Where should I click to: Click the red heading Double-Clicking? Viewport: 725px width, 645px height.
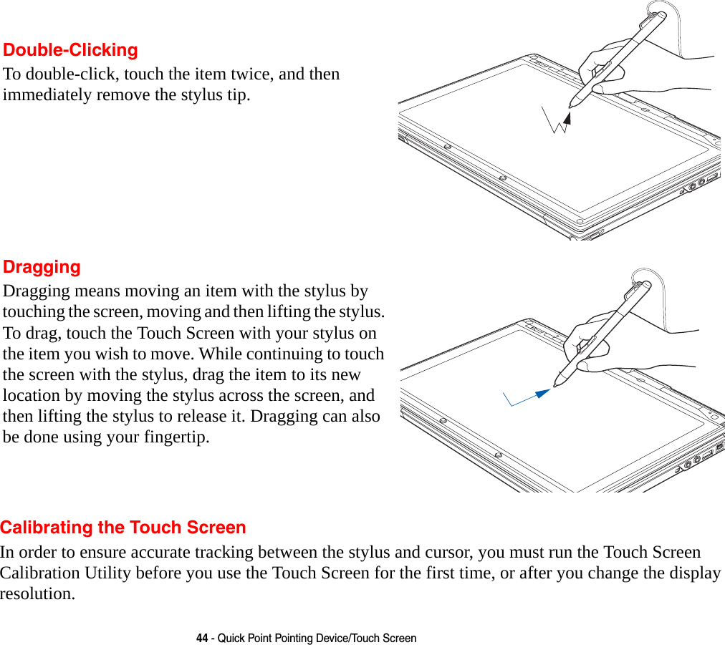[x=70, y=50]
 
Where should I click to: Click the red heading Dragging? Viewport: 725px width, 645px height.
[x=42, y=267]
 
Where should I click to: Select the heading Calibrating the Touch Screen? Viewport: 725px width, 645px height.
[x=123, y=528]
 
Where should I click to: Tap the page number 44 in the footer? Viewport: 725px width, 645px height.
[x=202, y=638]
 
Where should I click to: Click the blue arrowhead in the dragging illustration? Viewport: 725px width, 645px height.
[x=542, y=393]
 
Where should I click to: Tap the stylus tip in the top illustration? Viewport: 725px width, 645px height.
[x=570, y=106]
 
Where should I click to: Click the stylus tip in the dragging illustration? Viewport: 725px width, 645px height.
[x=556, y=385]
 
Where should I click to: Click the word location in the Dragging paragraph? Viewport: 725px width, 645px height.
[x=31, y=395]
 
